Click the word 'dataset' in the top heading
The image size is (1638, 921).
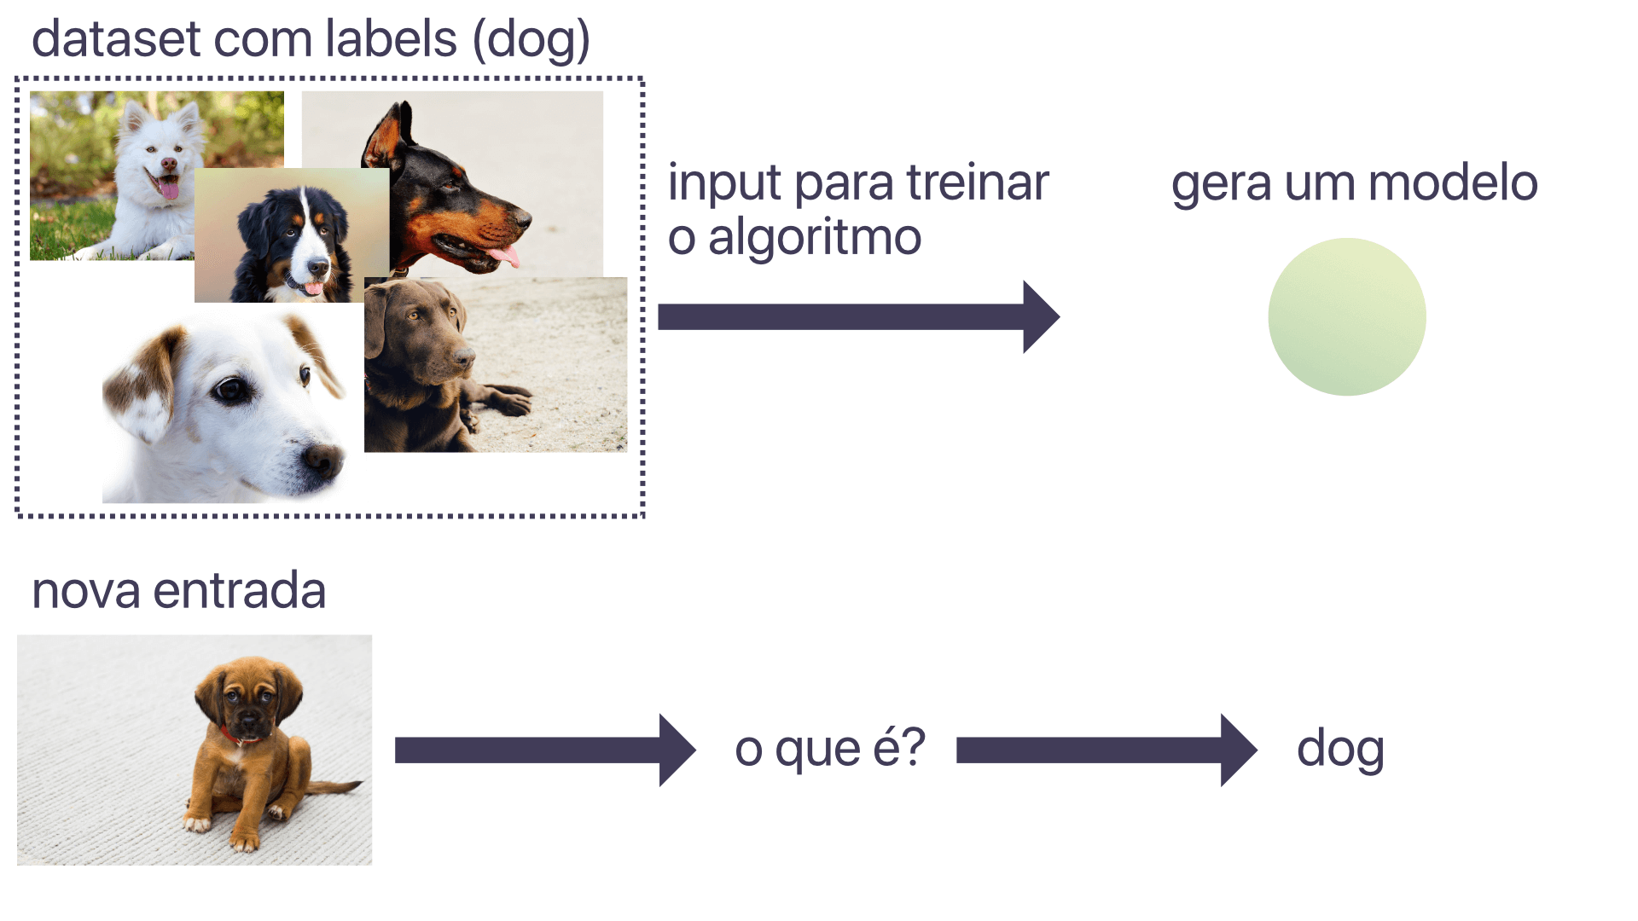117,39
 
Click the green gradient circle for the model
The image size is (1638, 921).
1347,316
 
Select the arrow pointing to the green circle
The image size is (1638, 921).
859,316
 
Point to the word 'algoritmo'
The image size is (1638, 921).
815,238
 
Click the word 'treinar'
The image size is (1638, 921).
978,182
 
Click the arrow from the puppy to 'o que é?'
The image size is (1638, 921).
545,750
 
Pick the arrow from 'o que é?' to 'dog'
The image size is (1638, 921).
1107,750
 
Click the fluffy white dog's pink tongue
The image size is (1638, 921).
168,188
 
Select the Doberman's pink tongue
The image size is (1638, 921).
503,255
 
